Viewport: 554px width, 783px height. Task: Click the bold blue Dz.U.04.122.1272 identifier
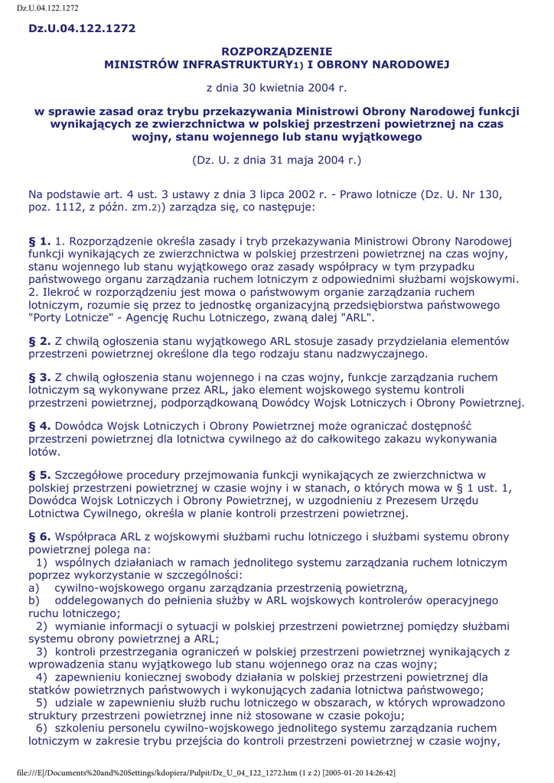click(x=82, y=28)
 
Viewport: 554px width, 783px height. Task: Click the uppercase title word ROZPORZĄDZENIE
click(x=276, y=52)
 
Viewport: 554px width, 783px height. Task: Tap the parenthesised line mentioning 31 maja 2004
click(x=276, y=160)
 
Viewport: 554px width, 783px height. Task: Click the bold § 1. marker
click(x=40, y=242)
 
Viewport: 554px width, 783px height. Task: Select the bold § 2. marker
click(x=40, y=341)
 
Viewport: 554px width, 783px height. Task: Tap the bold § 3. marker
click(x=40, y=378)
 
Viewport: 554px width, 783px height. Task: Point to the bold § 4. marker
click(x=40, y=425)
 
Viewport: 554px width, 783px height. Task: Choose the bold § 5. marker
click(x=40, y=475)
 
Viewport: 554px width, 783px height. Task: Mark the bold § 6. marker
click(x=40, y=537)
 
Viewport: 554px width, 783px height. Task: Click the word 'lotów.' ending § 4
click(x=44, y=451)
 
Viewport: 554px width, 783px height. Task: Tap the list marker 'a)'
click(x=34, y=587)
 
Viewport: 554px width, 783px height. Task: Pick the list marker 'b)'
click(x=34, y=600)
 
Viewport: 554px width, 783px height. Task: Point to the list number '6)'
click(x=41, y=727)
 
